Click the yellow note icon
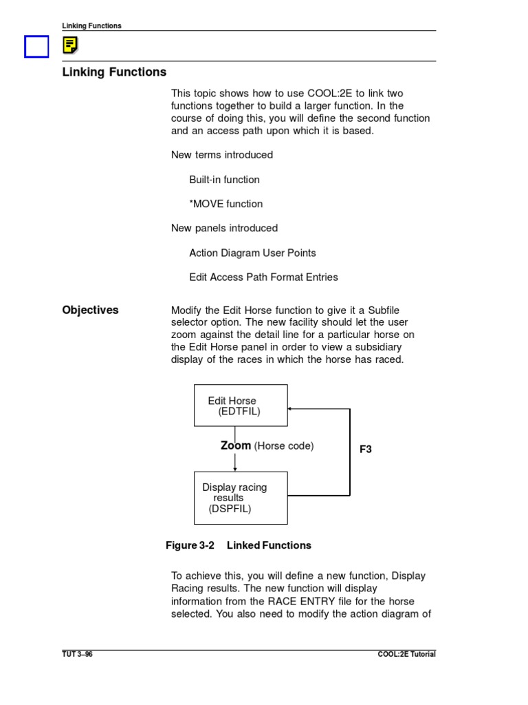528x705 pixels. [69, 45]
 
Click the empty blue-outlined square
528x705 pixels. [36, 47]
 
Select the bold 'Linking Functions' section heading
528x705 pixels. [114, 72]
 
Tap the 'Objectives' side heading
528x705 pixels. [90, 311]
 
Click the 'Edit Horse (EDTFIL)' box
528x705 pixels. [241, 406]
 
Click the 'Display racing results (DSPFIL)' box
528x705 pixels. [241, 498]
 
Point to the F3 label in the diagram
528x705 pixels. [366, 450]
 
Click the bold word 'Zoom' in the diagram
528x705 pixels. [236, 445]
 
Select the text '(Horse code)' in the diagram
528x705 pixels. [284, 446]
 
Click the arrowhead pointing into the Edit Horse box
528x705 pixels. [290, 408]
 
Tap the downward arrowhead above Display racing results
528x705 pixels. [235, 468]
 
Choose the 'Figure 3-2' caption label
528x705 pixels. [190, 545]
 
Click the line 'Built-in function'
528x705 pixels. [225, 180]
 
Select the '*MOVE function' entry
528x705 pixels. [226, 204]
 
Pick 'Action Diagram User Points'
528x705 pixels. [252, 253]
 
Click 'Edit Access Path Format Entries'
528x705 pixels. [263, 277]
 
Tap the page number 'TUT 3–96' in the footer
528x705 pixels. [77, 654]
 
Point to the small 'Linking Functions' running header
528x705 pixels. [91, 25]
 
